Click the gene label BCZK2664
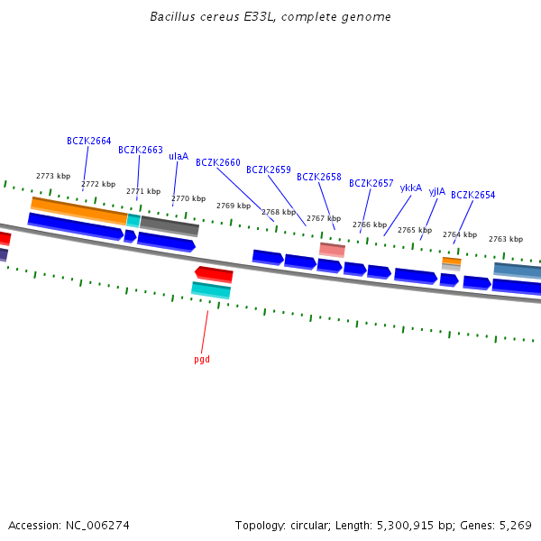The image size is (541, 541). coord(89,141)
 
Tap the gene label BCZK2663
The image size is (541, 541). coord(141,150)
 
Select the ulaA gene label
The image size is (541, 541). coord(179,156)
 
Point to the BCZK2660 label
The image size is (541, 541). coord(218,162)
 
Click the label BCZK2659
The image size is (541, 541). coord(269,170)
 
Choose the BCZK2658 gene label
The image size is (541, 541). coord(319,177)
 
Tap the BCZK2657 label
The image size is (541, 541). coord(371,183)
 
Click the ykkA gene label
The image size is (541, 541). coord(411,188)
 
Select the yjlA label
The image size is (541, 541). coord(437,191)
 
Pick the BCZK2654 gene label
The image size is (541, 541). coord(473,195)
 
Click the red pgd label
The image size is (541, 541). coord(202,359)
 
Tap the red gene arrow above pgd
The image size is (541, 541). coord(214,274)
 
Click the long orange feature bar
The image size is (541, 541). coord(78,210)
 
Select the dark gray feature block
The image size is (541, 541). coord(170,225)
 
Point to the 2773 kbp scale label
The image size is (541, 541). coord(52,176)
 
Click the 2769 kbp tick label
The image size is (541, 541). coord(234,206)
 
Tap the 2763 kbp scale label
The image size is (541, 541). coord(506,239)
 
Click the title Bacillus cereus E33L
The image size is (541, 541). coord(270,17)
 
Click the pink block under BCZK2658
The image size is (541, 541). coord(332,250)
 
